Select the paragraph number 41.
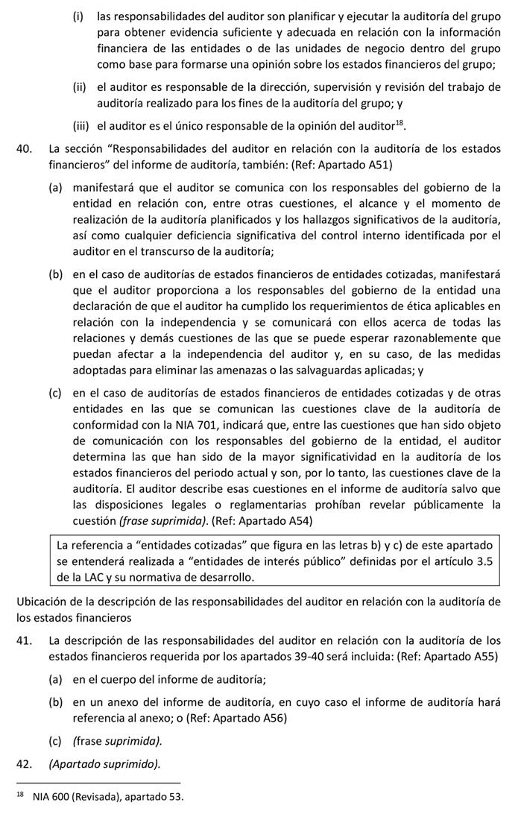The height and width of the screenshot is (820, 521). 24,640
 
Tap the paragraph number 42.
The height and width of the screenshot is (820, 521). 24,764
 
